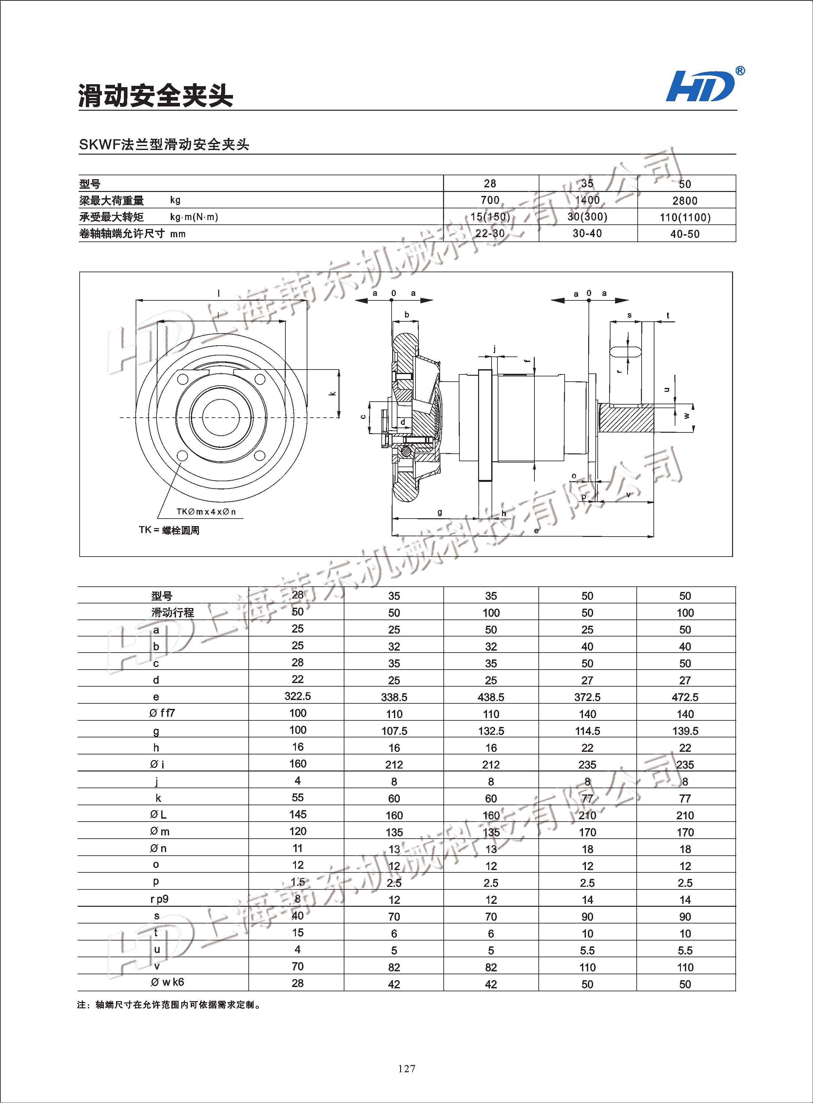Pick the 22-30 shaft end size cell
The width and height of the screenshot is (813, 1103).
(x=490, y=234)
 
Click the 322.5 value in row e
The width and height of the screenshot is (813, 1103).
(x=298, y=696)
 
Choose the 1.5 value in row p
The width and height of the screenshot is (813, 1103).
(x=298, y=882)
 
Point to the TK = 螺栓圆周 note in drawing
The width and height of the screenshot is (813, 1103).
(x=169, y=530)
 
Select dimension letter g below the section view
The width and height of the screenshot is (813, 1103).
(x=439, y=512)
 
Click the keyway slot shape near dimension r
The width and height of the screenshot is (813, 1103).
(x=625, y=351)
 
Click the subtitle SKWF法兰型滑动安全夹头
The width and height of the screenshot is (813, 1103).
(x=164, y=145)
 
